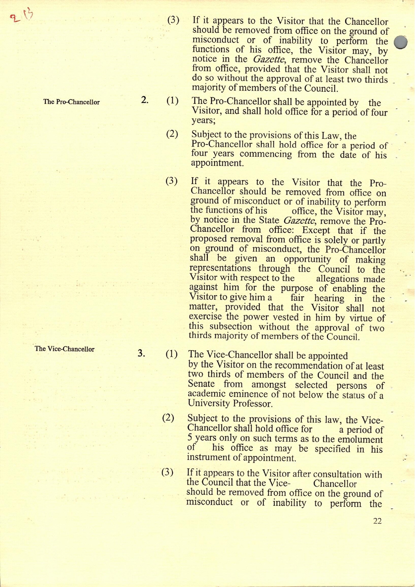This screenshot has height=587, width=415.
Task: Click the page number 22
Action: pos(377,521)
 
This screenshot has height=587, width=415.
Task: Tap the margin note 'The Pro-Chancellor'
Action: pos(71,102)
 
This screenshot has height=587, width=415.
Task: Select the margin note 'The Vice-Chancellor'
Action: pos(64,349)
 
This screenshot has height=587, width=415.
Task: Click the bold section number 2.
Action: pos(145,100)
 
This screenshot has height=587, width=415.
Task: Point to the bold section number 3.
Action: pos(141,353)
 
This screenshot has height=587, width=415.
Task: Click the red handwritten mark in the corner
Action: pos(21,16)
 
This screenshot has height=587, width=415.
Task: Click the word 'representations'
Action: pos(220,269)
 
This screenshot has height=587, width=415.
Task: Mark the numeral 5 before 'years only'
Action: pos(190,439)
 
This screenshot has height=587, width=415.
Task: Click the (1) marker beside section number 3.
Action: pos(172,354)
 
